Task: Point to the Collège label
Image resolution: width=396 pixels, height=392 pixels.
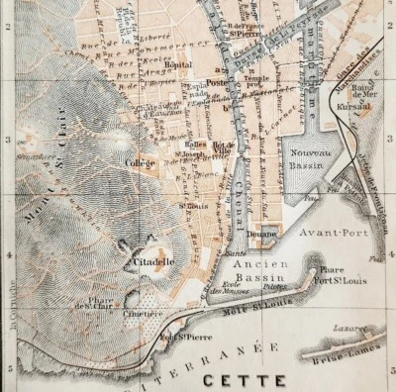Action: [142, 161]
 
